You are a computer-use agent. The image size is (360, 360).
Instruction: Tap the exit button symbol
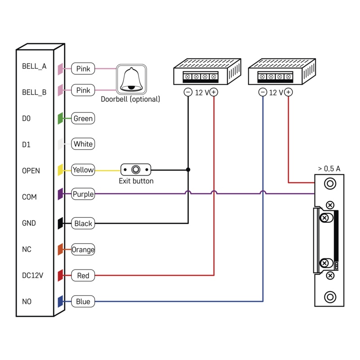(136, 170)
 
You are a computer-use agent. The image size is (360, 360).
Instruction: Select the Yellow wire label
(83, 170)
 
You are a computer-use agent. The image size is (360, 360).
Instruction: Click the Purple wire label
(83, 194)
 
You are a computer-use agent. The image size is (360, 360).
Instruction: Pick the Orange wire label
(83, 249)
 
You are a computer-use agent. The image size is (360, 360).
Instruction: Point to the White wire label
(83, 144)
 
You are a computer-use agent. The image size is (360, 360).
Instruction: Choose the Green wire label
(83, 119)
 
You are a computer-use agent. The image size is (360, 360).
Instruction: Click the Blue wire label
(83, 301)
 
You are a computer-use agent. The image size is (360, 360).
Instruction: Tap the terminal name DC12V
(32, 275)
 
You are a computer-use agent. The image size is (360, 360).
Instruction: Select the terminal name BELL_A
(34, 66)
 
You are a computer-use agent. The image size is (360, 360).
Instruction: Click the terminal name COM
(30, 197)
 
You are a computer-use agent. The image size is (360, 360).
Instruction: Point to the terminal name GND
(29, 223)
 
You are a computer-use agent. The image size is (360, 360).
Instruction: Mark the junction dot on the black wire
(188, 170)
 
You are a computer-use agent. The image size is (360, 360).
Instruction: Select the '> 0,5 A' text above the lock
(329, 168)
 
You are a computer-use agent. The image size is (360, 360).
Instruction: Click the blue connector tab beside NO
(60, 301)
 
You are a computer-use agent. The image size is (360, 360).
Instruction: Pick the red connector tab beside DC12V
(60, 275)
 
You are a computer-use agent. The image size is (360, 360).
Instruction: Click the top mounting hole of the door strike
(330, 184)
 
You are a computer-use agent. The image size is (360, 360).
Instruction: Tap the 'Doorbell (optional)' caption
(130, 99)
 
